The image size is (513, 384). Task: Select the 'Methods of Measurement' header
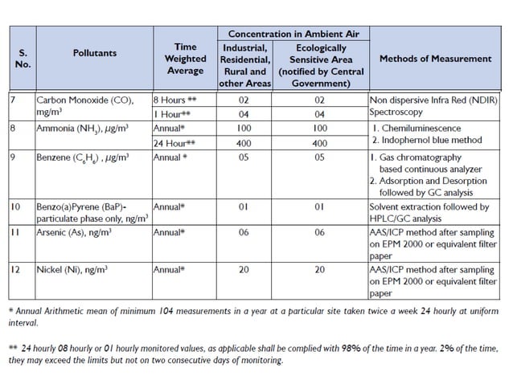435,59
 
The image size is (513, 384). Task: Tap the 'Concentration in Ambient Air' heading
293,34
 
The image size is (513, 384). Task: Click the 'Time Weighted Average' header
185,59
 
